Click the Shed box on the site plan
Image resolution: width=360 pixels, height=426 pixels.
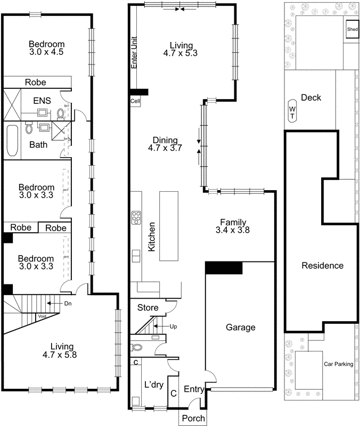[352, 29]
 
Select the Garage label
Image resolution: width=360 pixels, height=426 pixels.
[241, 327]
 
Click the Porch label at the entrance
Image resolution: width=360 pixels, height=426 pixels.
[193, 418]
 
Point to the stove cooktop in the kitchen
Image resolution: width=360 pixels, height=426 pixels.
[136, 218]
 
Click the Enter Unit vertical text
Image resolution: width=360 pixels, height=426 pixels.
[134, 52]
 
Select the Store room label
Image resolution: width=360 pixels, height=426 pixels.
[148, 308]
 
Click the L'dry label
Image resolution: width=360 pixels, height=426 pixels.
[154, 384]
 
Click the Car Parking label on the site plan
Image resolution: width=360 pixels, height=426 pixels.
[339, 365]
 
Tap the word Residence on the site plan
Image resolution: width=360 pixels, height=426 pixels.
[322, 266]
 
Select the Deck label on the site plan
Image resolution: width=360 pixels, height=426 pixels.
[310, 97]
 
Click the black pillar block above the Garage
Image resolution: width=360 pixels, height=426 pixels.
[224, 268]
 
